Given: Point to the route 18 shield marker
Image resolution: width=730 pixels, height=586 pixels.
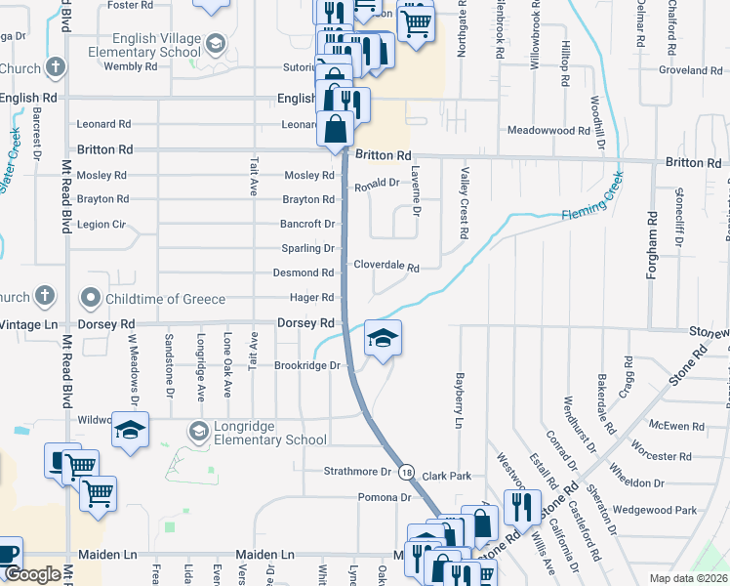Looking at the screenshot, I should (406, 472).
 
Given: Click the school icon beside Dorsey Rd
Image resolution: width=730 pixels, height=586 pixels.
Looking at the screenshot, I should (383, 339).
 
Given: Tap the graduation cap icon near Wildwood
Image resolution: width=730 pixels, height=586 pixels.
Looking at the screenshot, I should (129, 430).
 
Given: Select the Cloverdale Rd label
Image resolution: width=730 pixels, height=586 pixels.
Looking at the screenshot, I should (385, 266).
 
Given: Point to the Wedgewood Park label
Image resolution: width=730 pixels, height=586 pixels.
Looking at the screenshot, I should (662, 510).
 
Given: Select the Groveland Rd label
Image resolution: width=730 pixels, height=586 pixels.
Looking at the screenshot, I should (690, 70).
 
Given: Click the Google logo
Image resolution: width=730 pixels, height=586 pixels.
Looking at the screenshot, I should (32, 574).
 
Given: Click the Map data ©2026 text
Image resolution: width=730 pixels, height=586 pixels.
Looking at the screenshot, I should (688, 578).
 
